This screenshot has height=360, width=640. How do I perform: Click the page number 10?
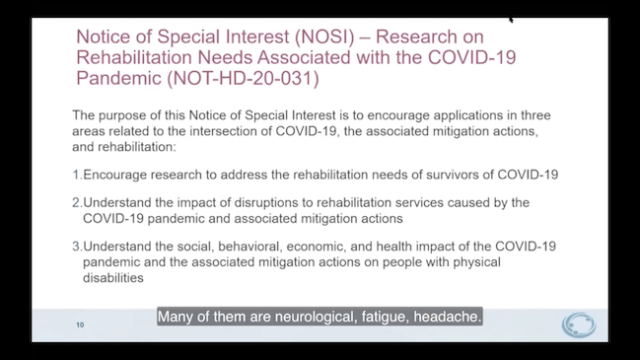(x=80, y=324)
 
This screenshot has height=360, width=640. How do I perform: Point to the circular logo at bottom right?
(x=578, y=324)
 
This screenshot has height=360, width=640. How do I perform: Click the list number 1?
(x=76, y=175)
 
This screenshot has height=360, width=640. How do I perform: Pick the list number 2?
(x=76, y=202)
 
